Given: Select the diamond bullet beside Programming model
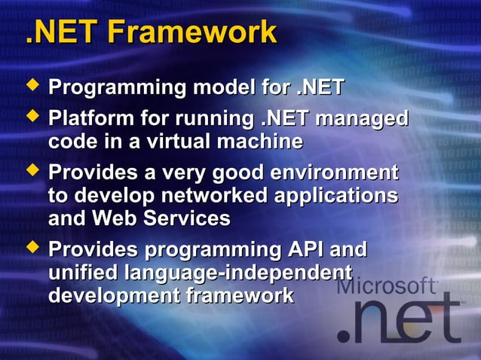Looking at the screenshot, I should tap(32, 87).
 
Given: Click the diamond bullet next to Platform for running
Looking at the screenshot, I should tap(32, 117).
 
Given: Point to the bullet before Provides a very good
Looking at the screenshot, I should tap(32, 171).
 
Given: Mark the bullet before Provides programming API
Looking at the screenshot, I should tap(32, 247).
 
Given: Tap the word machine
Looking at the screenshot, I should tap(268, 141).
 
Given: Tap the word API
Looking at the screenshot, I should tap(302, 249).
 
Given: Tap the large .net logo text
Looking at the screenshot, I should tap(400, 319).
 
